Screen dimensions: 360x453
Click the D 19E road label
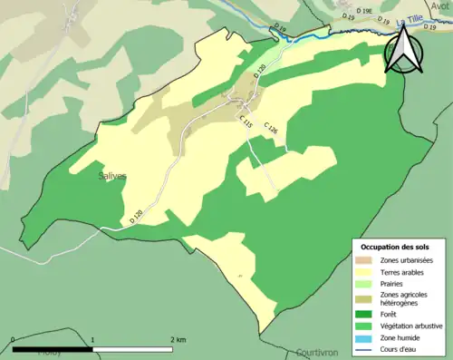[364, 10]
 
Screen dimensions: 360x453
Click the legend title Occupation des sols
[399, 247]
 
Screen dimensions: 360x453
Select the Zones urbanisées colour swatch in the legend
[365, 261]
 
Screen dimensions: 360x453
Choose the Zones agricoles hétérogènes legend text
[405, 298]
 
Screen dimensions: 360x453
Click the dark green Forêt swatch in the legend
[365, 313]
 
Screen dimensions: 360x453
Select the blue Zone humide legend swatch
[365, 336]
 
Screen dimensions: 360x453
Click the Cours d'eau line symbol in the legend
[365, 347]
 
